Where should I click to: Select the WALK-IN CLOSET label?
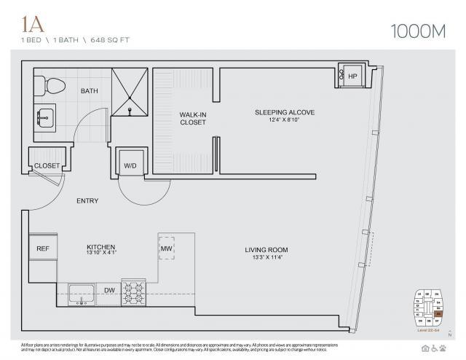point(192,119)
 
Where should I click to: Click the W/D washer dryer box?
point(130,165)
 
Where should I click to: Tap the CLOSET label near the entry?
point(47,165)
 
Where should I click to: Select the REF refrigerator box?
point(42,249)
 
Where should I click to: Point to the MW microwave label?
point(167,249)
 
